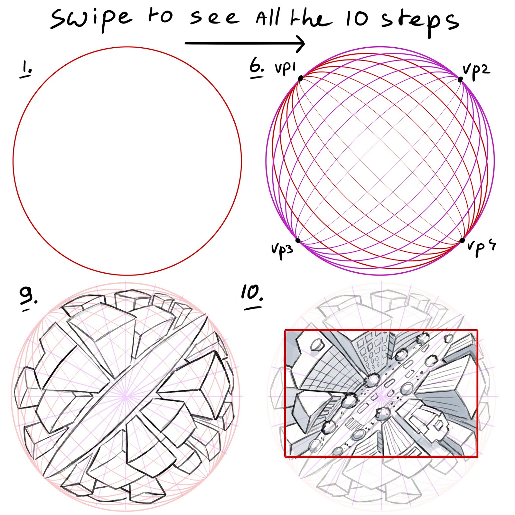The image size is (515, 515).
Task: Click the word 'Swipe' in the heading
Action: (x=91, y=19)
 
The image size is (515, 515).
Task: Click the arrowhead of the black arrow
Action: (x=300, y=43)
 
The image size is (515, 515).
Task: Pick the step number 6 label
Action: (x=256, y=69)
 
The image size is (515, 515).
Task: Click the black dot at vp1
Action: (x=301, y=79)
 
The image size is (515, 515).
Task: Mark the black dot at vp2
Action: (x=460, y=79)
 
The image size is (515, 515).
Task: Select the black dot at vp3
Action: (x=298, y=240)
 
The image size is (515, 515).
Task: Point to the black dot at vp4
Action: (x=462, y=240)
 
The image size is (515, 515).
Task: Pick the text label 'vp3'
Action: (x=282, y=250)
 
